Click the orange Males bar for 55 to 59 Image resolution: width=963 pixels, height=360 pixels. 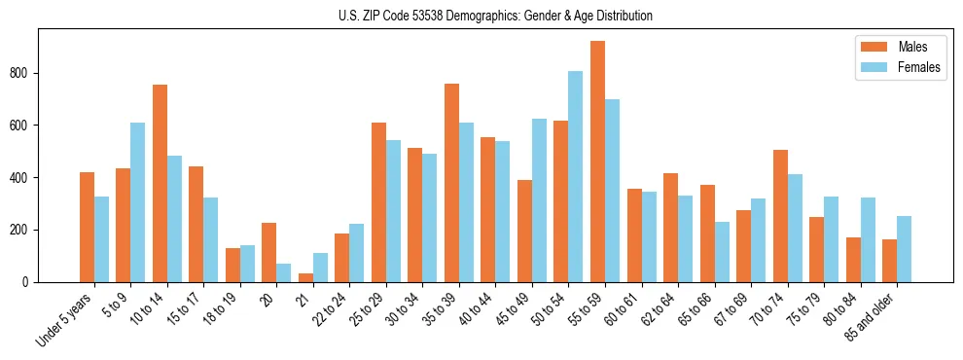[x=597, y=162]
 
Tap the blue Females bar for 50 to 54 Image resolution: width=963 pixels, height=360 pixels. [x=576, y=176]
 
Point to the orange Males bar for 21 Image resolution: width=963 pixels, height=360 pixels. [x=305, y=277]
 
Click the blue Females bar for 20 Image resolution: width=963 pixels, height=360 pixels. [x=284, y=272]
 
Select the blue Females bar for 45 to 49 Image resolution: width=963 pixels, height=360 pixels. [x=539, y=200]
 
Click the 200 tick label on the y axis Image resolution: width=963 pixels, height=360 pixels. [x=24, y=230]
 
